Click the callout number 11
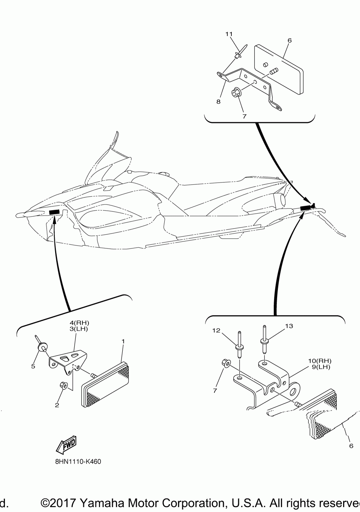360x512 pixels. [229, 34]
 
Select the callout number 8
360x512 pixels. [218, 102]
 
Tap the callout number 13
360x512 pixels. [289, 326]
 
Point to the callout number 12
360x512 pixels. [216, 330]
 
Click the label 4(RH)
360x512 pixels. [79, 322]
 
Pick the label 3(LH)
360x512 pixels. [79, 329]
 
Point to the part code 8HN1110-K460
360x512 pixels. [78, 461]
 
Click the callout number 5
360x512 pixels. [33, 366]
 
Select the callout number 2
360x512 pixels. [57, 405]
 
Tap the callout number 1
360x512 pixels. [123, 341]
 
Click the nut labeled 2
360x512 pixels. [63, 385]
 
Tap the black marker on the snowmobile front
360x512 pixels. [54, 212]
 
